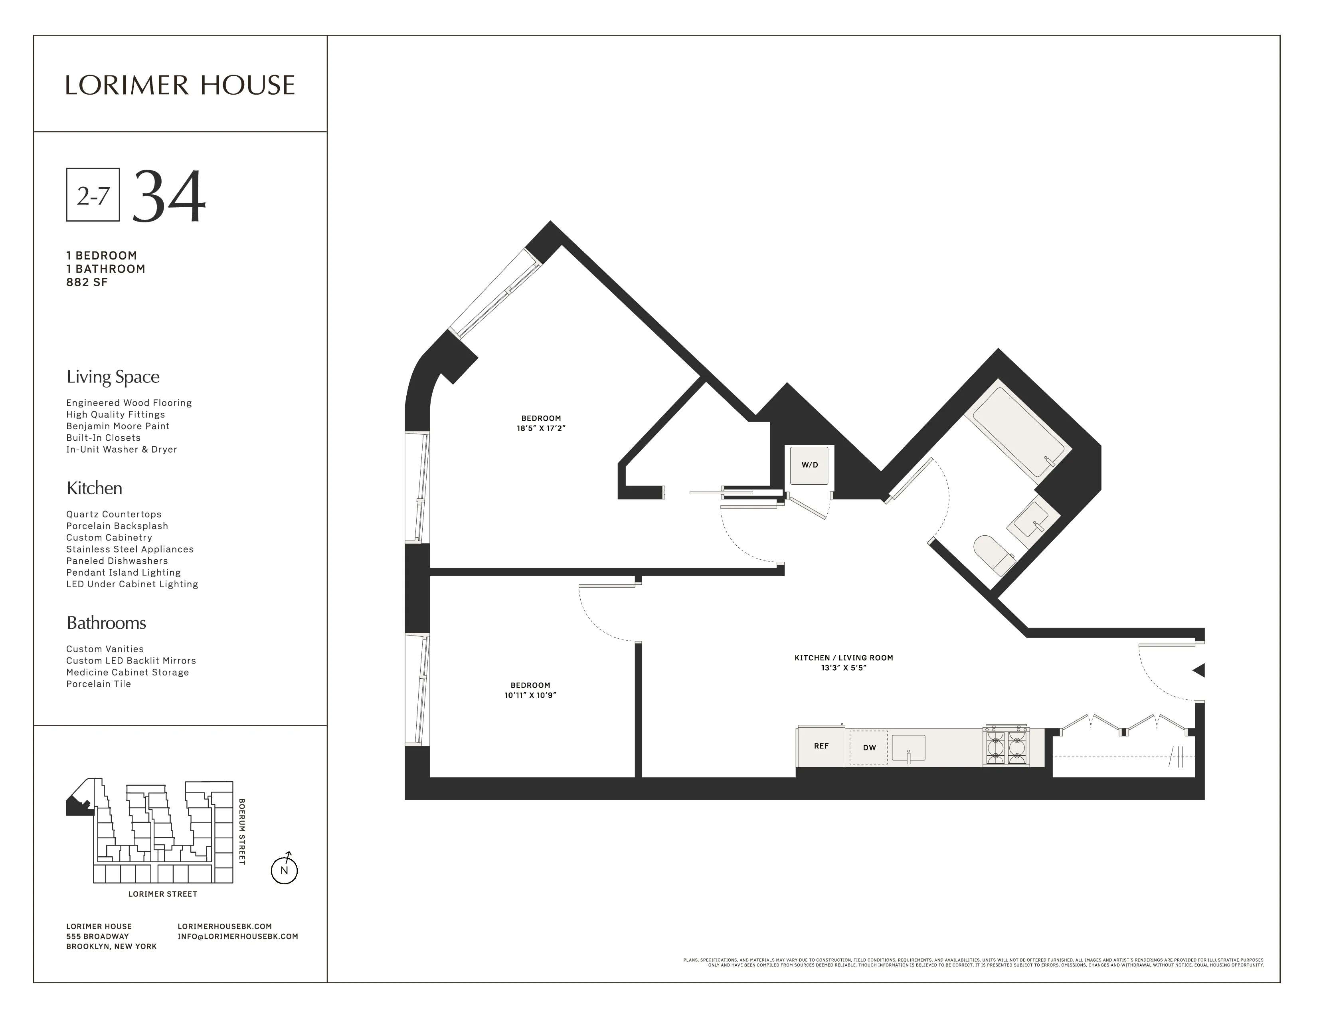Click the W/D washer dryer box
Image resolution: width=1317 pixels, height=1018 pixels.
tap(809, 465)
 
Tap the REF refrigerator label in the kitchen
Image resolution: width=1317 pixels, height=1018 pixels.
tap(821, 746)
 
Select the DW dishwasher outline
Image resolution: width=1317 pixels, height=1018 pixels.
tap(868, 748)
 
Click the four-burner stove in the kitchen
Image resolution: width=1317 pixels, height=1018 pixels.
tap(1006, 747)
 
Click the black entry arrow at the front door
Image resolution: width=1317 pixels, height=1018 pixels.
tap(1199, 670)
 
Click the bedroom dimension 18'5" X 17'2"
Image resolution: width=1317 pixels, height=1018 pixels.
tap(541, 428)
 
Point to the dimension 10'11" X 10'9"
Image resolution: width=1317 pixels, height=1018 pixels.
tap(530, 695)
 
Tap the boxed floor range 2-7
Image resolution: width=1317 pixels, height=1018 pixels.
tap(93, 195)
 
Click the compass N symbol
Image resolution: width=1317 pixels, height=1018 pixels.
tap(284, 870)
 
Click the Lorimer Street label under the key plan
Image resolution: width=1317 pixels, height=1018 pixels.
tap(163, 894)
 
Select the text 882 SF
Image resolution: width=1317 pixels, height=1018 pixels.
tap(87, 282)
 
